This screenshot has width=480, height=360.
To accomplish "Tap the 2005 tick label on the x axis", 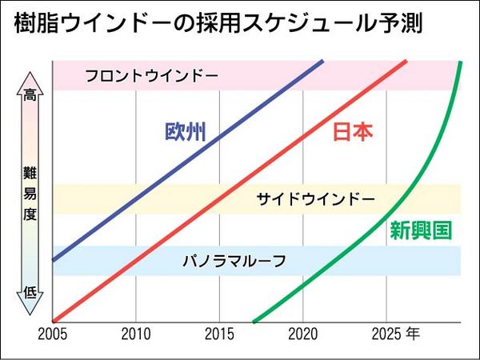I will click(x=52, y=333).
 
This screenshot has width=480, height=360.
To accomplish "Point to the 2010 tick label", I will click(x=136, y=333).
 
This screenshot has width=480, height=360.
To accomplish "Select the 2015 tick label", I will click(x=219, y=333).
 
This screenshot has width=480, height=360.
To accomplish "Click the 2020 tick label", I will click(x=303, y=333).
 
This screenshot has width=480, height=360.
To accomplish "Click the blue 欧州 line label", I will click(x=185, y=133).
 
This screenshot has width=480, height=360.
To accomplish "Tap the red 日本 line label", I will click(x=352, y=133).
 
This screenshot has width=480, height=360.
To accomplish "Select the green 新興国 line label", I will click(x=421, y=231).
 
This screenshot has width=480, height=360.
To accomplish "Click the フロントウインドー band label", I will click(x=151, y=76).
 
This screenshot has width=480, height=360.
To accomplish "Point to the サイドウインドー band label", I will click(x=315, y=199).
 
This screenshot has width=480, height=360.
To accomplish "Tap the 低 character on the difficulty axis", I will click(x=30, y=292).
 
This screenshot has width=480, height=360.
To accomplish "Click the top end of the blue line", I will click(x=323, y=61).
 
